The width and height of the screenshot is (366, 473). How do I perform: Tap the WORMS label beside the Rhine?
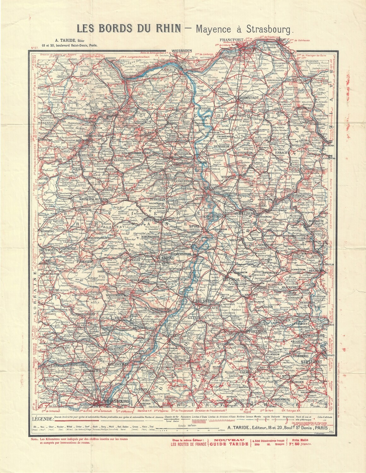pos(192,161)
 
